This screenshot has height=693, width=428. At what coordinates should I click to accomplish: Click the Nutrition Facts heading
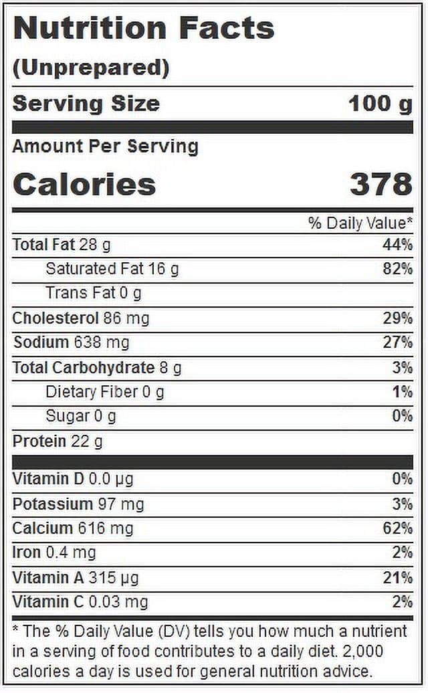click(x=144, y=28)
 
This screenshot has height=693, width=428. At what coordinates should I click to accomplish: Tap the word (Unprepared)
click(x=91, y=68)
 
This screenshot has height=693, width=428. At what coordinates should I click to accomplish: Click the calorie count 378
click(x=381, y=184)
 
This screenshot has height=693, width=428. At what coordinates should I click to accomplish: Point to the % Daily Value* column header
click(x=360, y=223)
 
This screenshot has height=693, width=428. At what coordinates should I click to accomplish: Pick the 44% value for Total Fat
click(x=397, y=244)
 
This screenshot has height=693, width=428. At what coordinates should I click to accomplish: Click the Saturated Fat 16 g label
click(x=112, y=269)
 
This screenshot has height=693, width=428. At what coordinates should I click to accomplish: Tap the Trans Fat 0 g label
click(x=94, y=293)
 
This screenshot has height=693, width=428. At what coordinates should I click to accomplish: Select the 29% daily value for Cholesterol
click(x=397, y=318)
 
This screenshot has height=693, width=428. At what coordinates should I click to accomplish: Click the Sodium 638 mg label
click(x=71, y=342)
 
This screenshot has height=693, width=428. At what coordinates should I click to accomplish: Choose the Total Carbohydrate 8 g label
click(x=97, y=368)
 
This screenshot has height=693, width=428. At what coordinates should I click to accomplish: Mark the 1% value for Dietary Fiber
click(x=403, y=392)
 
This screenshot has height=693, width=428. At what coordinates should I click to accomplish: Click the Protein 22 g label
click(x=58, y=441)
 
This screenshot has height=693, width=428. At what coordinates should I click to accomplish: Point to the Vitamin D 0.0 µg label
click(x=73, y=479)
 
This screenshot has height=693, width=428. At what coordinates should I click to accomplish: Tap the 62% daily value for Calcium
click(x=397, y=528)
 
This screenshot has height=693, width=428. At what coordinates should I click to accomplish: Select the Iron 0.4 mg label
click(x=54, y=553)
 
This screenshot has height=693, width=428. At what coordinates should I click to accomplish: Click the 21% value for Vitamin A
click(x=397, y=578)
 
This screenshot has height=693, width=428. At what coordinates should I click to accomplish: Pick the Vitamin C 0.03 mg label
click(x=80, y=602)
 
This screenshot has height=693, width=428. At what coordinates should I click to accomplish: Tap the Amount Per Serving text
click(x=106, y=146)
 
